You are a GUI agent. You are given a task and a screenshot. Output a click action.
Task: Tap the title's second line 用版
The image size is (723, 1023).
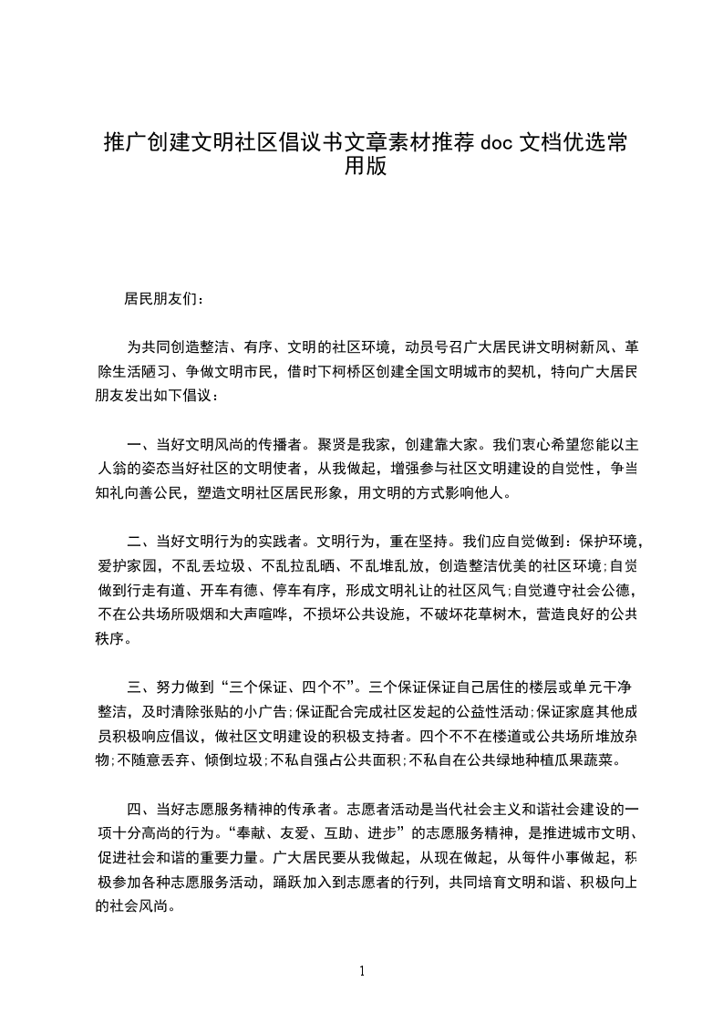tap(361, 167)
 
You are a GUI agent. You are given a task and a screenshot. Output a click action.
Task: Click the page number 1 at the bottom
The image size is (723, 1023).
tap(362, 970)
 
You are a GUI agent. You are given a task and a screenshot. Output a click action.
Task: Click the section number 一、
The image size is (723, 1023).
tap(140, 445)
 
